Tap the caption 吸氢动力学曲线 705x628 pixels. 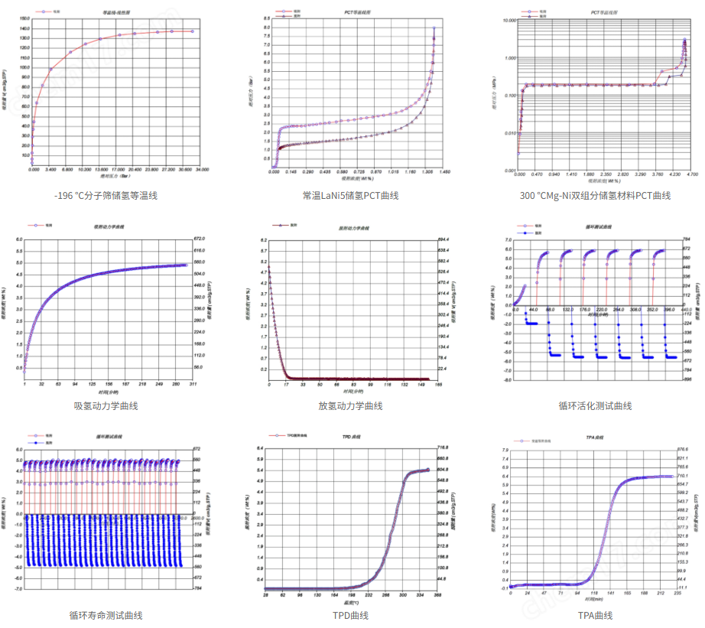pos(106,405)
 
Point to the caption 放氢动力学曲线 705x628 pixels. pos(350,405)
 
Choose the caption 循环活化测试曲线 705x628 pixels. pos(595,405)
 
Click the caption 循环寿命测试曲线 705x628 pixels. pos(106,615)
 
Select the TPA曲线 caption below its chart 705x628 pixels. pos(595,615)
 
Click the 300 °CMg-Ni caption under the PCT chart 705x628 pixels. pos(595,196)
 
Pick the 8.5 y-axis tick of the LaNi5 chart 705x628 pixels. pos(265,18)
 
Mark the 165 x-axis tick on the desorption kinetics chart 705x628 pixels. pos(436,384)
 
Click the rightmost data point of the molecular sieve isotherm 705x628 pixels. pos(192,31)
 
